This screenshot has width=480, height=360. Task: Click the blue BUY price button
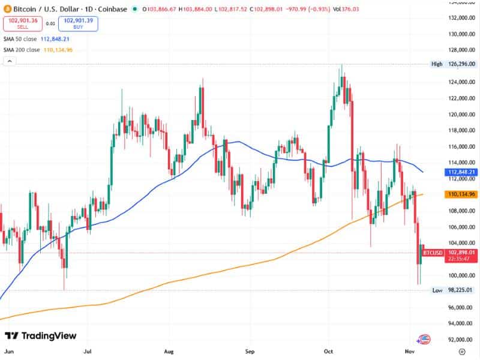(x=78, y=24)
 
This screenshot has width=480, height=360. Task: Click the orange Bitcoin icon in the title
(x=7, y=9)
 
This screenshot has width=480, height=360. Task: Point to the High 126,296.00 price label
(x=454, y=64)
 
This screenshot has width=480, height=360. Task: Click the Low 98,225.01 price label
(x=454, y=290)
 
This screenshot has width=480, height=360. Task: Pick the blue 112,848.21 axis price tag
(x=460, y=172)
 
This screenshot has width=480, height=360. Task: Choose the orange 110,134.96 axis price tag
(x=460, y=194)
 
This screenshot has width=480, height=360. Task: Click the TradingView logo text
(x=41, y=336)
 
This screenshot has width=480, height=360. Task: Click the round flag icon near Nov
(x=425, y=340)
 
